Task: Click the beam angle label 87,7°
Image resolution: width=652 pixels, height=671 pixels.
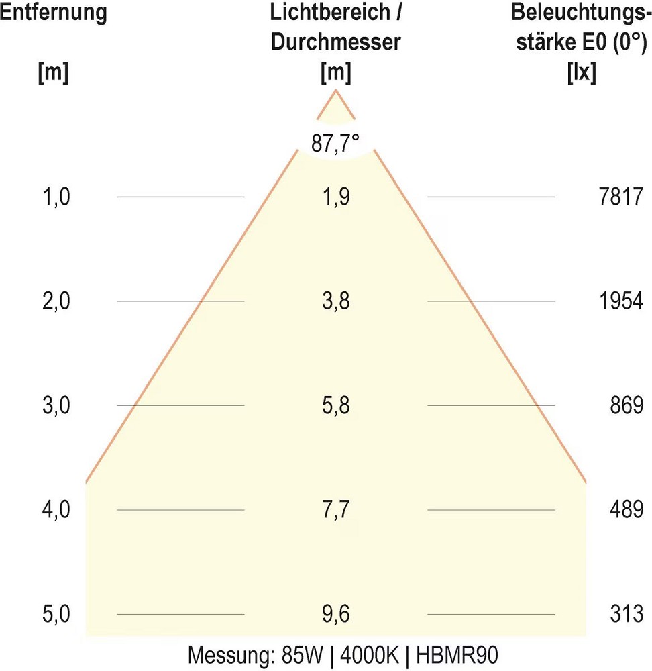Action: tap(335, 143)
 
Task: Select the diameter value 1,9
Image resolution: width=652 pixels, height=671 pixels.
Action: tap(335, 197)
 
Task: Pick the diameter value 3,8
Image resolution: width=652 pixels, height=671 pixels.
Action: tap(335, 301)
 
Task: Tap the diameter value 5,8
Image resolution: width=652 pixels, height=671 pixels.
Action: tap(335, 405)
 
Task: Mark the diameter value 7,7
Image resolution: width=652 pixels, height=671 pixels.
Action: tap(335, 510)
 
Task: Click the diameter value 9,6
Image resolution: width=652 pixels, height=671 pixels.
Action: tap(335, 614)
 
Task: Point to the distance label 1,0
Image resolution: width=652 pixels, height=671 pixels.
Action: tap(56, 197)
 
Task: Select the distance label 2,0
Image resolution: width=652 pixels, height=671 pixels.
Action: tap(56, 301)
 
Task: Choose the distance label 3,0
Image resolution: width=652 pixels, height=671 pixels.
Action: tap(56, 405)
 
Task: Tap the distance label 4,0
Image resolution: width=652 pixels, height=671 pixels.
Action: tap(56, 510)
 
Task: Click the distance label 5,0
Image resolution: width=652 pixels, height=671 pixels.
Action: tap(56, 614)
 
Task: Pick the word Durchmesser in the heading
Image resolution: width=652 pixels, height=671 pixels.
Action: tap(335, 42)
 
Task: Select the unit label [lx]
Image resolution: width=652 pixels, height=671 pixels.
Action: tap(582, 72)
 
